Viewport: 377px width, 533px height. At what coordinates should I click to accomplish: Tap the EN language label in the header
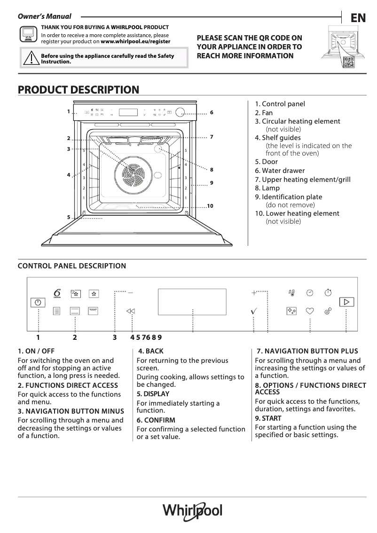358,18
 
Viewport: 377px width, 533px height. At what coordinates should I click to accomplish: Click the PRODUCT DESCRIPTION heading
78,89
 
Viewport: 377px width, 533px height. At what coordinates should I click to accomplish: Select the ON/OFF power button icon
38,302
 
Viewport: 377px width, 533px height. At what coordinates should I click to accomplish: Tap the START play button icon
346,302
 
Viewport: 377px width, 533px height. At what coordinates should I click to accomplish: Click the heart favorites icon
310,311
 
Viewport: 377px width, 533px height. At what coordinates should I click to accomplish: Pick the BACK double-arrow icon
131,311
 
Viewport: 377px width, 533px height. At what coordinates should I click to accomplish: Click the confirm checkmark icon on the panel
254,311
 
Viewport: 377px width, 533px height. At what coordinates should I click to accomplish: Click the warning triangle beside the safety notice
31,58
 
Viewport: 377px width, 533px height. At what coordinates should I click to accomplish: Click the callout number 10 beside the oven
210,206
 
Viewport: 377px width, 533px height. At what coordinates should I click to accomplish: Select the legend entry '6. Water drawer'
280,171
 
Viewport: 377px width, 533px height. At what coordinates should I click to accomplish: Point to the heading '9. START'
268,418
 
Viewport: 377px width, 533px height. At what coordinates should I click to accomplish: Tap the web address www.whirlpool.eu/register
135,41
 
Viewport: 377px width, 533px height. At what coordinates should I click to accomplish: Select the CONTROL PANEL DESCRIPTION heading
71,266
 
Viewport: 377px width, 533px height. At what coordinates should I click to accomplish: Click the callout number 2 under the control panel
75,337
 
